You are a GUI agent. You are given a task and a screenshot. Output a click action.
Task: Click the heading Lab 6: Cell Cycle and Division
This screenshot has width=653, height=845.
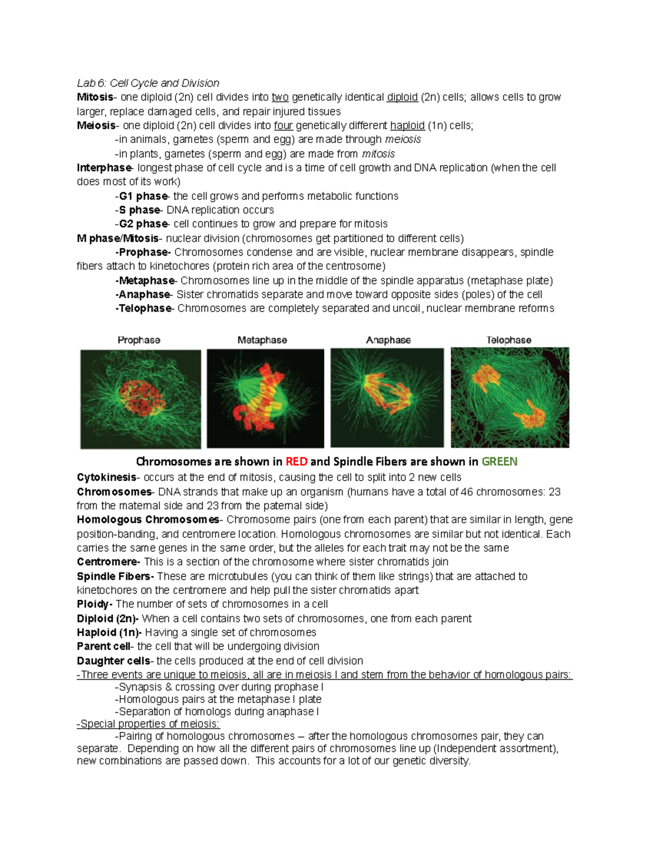(x=148, y=83)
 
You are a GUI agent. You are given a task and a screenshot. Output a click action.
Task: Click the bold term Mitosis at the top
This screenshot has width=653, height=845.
(x=95, y=97)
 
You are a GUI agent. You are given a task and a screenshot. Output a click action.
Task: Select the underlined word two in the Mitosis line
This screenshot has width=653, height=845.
(x=280, y=97)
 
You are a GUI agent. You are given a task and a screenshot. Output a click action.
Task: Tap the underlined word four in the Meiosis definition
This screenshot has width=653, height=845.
(x=283, y=126)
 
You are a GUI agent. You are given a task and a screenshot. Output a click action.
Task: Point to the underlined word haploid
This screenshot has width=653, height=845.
(x=407, y=126)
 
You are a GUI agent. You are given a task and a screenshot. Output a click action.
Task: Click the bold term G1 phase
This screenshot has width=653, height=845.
(x=143, y=196)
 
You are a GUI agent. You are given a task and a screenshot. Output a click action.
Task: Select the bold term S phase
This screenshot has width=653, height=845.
(x=139, y=210)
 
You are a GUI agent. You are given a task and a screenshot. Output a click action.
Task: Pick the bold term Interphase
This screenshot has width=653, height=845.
(x=104, y=168)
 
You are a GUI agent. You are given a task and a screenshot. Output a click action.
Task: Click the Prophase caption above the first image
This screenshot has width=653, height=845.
(x=139, y=340)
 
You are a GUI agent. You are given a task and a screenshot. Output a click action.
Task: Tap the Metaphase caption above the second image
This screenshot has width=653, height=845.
(x=262, y=340)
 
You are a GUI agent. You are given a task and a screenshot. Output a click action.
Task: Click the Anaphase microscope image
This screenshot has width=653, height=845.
(x=387, y=398)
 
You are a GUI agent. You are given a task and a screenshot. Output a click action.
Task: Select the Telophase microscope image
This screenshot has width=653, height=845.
(x=510, y=398)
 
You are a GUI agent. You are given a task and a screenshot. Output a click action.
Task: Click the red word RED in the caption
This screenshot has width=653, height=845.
(x=296, y=462)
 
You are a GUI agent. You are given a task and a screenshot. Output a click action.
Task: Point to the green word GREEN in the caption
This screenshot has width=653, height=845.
(x=499, y=462)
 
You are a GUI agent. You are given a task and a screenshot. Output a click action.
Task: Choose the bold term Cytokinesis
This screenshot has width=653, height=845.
(x=107, y=477)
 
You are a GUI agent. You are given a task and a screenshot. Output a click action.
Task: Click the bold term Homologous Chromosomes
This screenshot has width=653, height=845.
(x=147, y=520)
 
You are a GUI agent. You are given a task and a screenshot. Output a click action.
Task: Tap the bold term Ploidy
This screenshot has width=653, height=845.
(x=93, y=604)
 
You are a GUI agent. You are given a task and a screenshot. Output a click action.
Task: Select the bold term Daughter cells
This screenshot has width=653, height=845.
(x=113, y=661)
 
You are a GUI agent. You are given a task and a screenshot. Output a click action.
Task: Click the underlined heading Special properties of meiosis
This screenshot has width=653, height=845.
(x=148, y=724)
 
